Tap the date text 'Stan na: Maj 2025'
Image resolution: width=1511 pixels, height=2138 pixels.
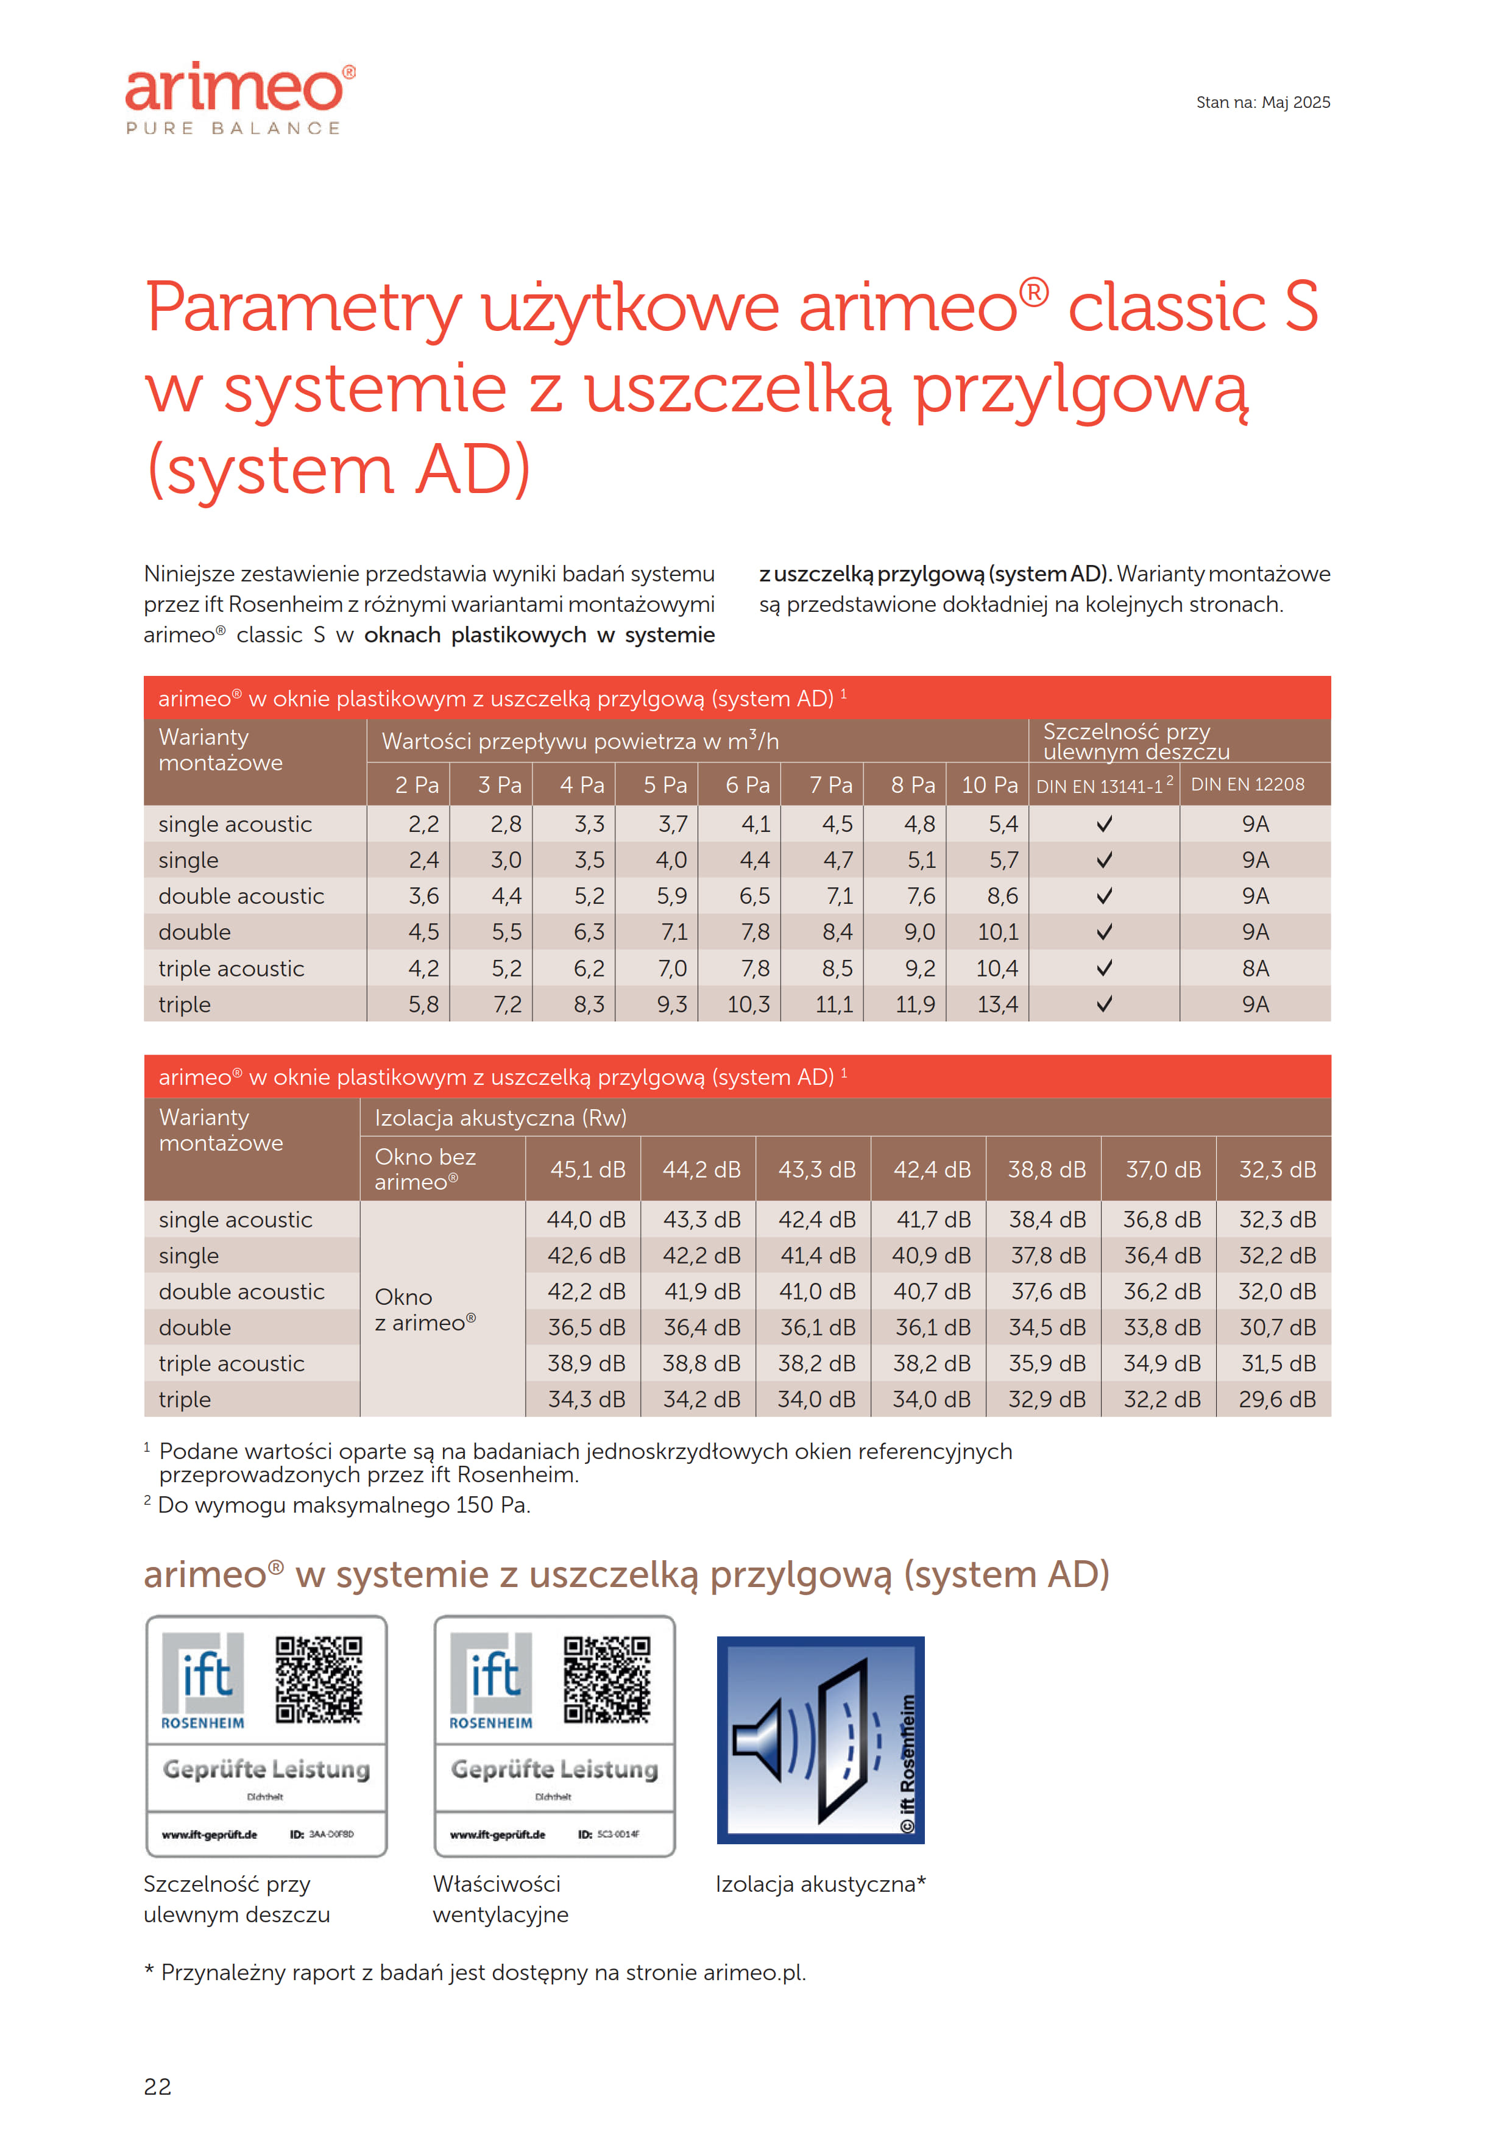[x=1262, y=102]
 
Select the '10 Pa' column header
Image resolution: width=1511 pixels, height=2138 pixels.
[x=989, y=785]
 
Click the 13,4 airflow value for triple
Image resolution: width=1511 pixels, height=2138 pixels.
[x=997, y=1005]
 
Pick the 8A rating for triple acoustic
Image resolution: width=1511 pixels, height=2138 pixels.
[x=1255, y=968]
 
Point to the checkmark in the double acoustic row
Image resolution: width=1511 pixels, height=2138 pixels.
[x=1104, y=896]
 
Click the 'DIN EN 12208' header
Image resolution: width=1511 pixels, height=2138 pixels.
[x=1248, y=785]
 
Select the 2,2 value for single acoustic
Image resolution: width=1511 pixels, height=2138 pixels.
[x=423, y=824]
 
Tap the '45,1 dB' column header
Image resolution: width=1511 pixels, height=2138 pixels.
[x=587, y=1170]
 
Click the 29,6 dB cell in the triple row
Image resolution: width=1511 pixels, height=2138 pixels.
[x=1276, y=1399]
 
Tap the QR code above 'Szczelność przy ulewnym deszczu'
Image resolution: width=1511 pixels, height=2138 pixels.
[x=319, y=1680]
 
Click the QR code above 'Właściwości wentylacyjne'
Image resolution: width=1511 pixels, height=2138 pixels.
[x=607, y=1680]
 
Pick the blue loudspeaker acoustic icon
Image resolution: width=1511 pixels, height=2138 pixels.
[x=820, y=1739]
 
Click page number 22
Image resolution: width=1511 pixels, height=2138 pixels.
[x=157, y=2087]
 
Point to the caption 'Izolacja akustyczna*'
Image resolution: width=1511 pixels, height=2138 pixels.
[x=820, y=1884]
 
